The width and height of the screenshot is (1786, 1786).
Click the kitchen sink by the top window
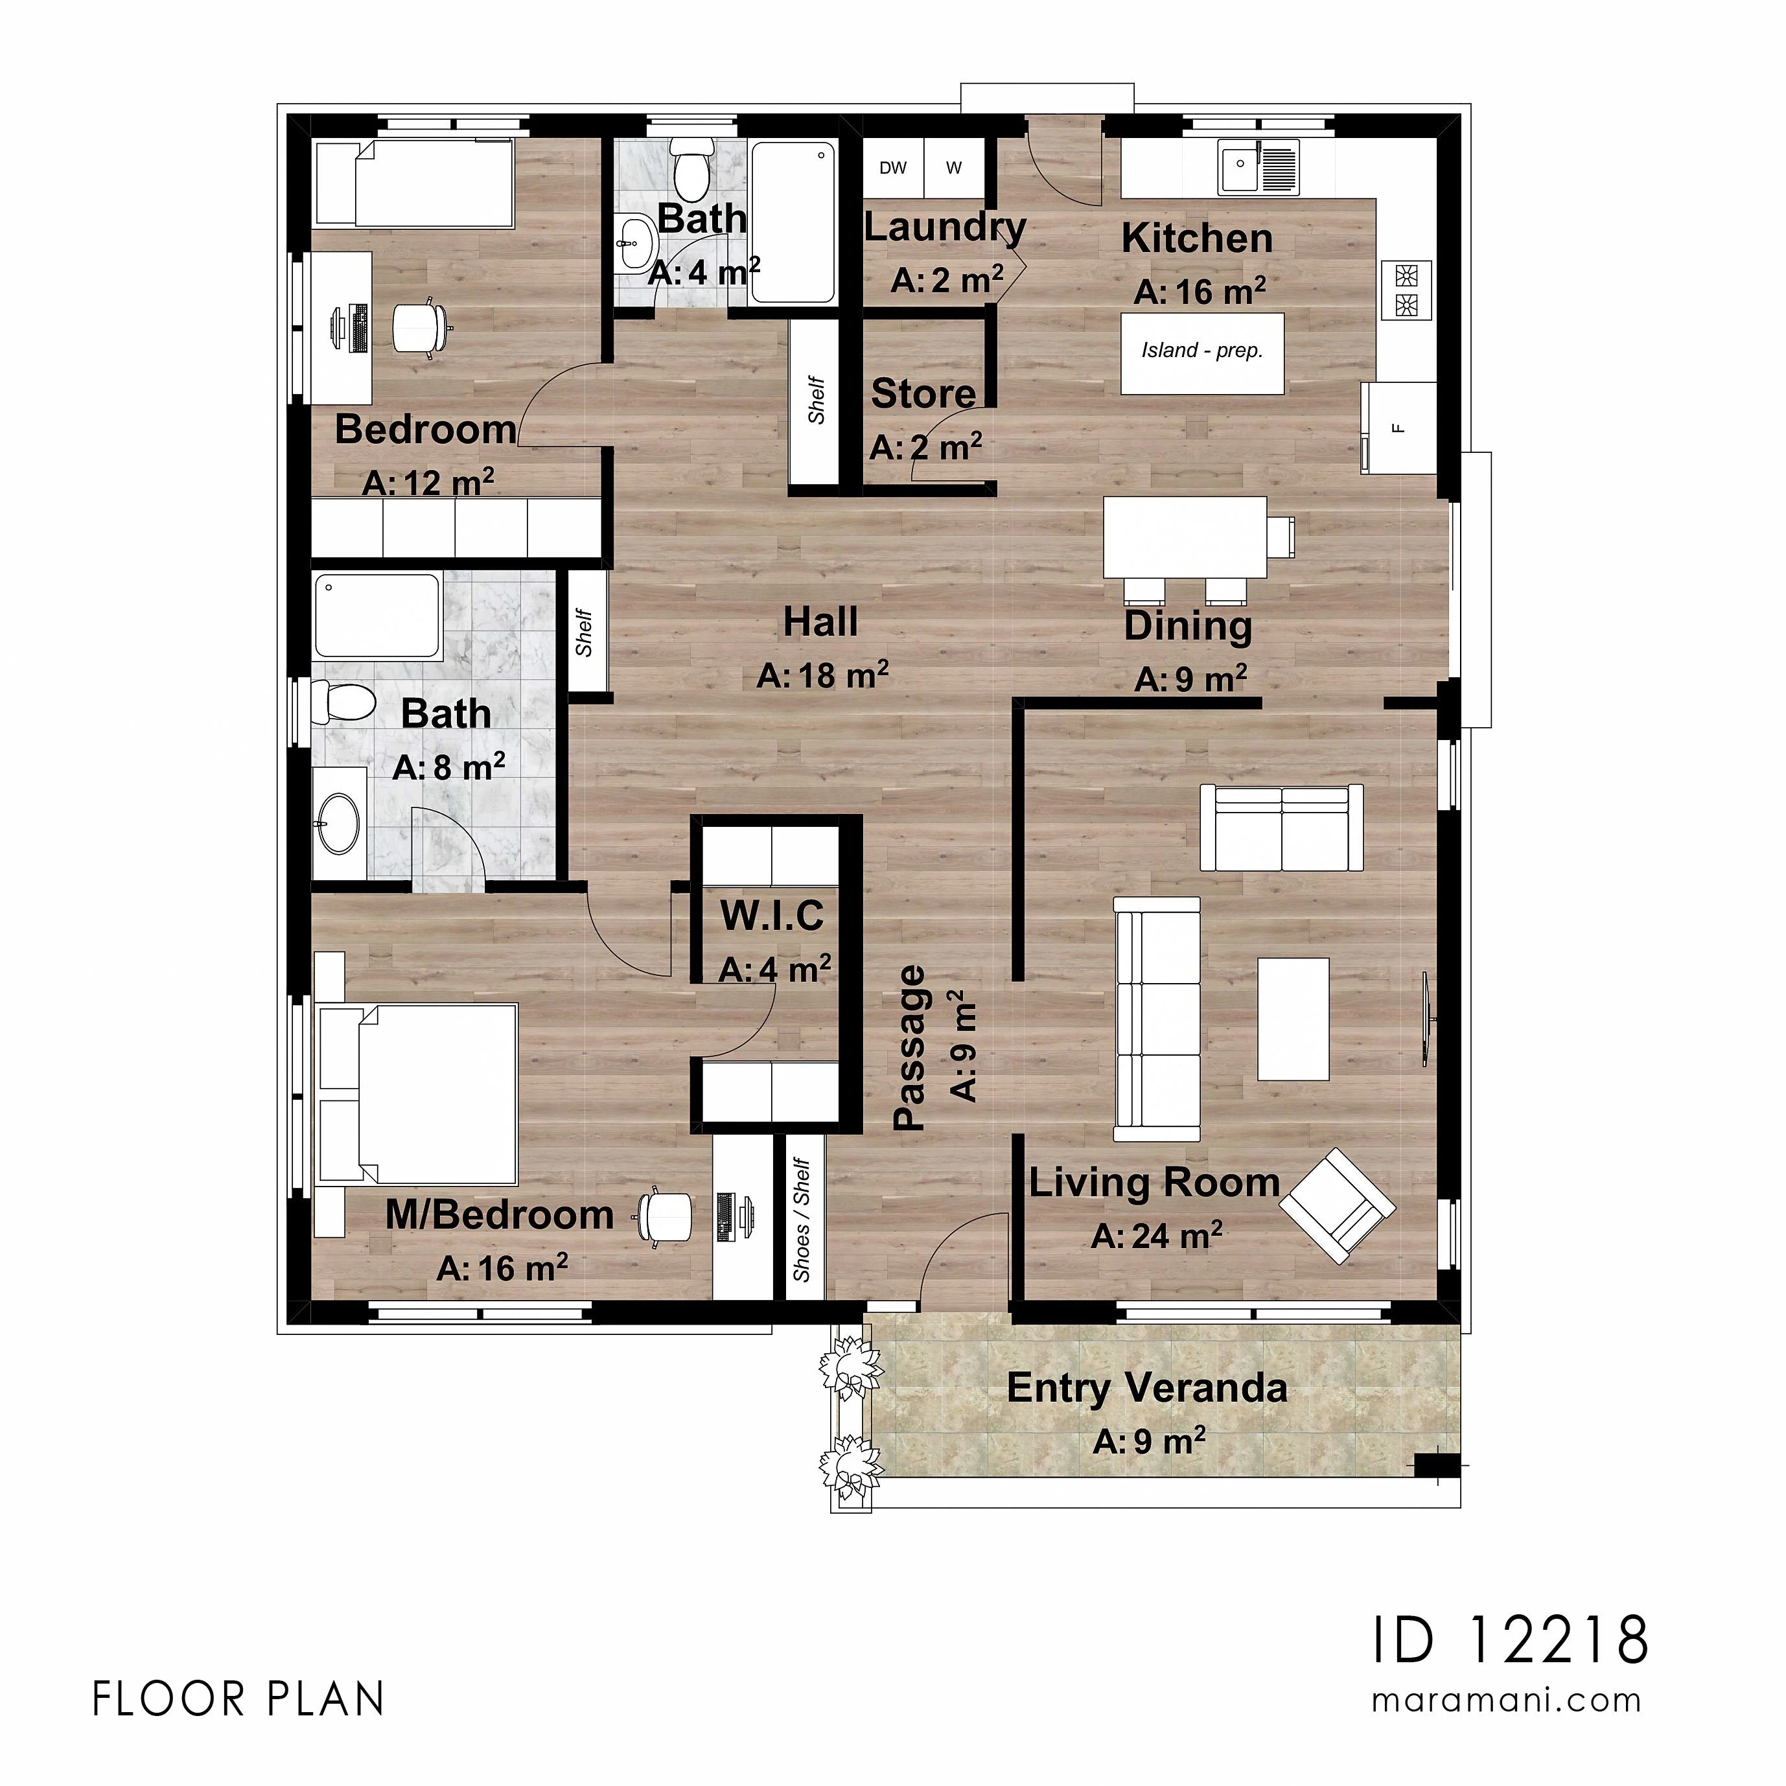[x=1258, y=167]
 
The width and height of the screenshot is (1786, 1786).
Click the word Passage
[x=910, y=1047]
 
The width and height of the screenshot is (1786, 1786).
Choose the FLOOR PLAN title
[x=238, y=1699]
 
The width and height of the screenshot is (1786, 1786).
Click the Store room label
[x=923, y=394]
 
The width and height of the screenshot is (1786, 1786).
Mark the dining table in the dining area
[x=1186, y=537]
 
